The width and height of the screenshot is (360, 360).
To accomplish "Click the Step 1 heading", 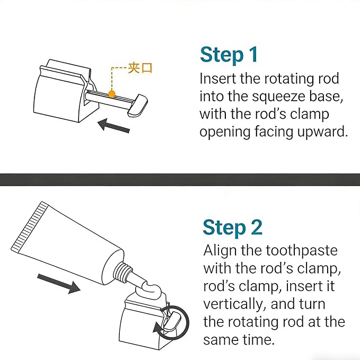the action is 229,55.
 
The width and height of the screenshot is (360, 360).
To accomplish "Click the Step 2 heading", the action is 232,227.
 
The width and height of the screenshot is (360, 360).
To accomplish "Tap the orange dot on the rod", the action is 112,94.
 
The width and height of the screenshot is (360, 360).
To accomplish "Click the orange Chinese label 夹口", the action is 140,68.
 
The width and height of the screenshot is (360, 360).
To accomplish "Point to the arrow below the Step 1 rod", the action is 113,126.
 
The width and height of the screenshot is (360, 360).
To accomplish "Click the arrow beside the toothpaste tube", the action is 59,283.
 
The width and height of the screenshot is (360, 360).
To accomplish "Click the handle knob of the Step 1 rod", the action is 137,104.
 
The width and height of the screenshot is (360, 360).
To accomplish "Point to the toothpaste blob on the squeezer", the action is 150,289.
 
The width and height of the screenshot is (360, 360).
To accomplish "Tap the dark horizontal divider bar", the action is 180,180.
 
